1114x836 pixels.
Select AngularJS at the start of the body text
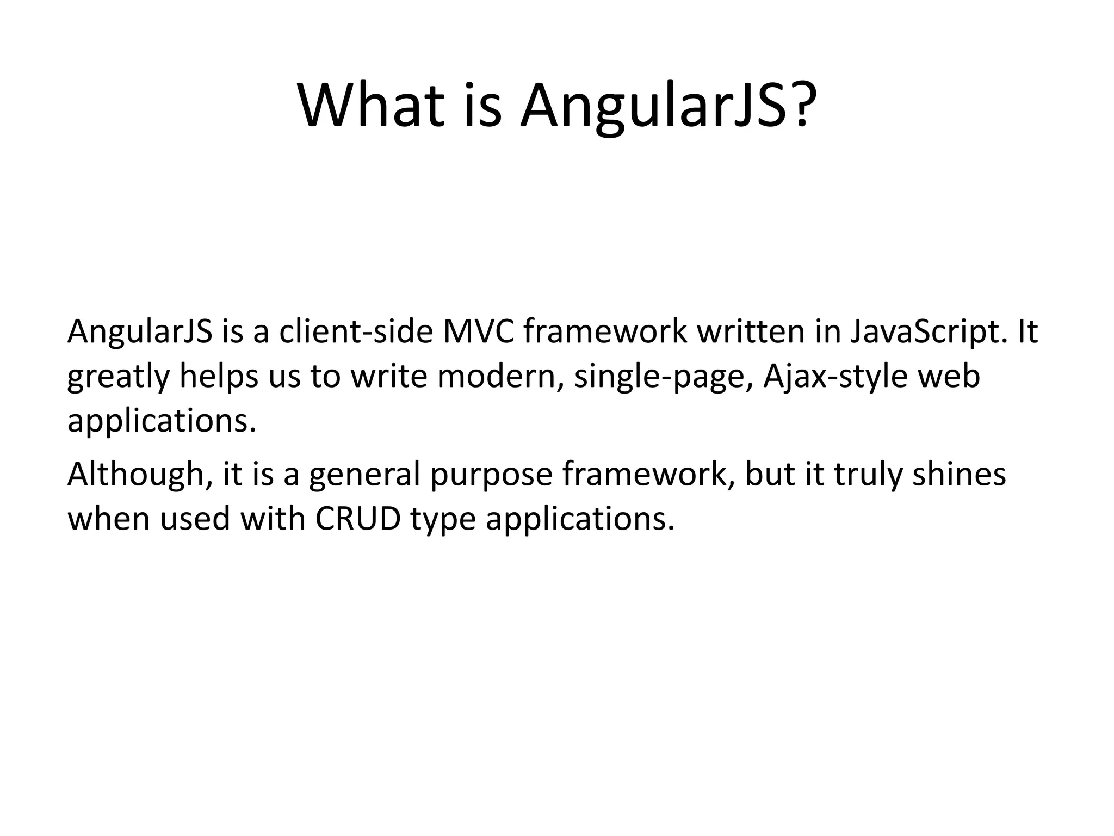click(x=139, y=332)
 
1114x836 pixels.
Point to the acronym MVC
click(x=478, y=332)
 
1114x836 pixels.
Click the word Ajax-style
click(x=835, y=377)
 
